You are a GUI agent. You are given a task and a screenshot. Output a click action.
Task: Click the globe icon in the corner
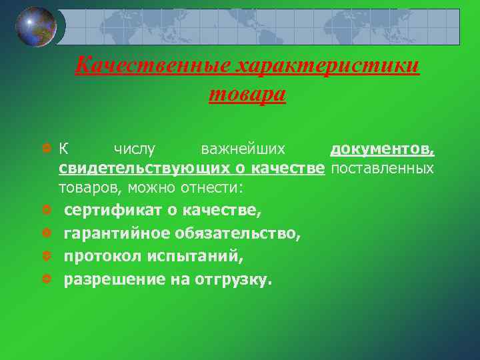pyautogui.click(x=36, y=27)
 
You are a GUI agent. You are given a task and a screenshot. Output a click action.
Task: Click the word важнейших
pyautogui.click(x=243, y=148)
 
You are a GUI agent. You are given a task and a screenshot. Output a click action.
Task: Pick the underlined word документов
pyautogui.click(x=382, y=148)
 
